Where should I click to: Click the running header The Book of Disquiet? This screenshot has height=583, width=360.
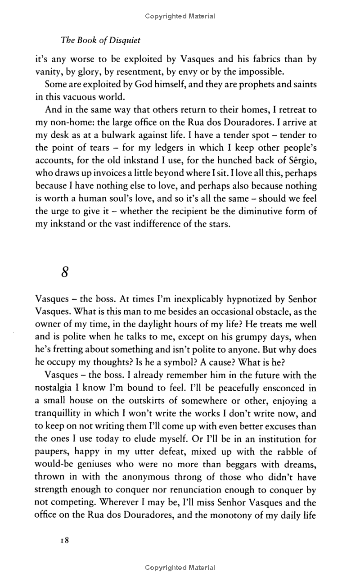pos(100,40)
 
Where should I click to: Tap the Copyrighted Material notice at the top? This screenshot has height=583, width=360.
pos(180,16)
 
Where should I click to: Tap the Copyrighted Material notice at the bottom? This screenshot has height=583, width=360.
pos(180,568)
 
